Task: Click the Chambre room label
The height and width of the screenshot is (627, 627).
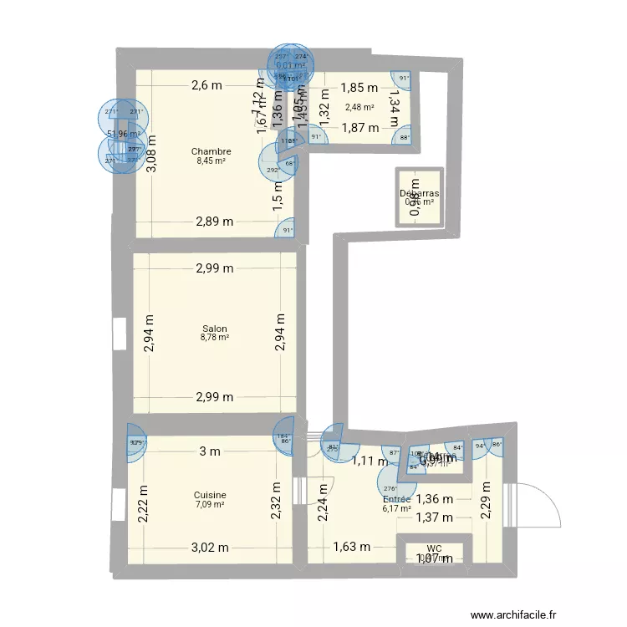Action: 211,151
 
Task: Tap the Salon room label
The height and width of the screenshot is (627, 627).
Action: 215,329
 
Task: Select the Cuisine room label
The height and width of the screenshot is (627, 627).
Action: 210,495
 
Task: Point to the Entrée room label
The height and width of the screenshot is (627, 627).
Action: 396,498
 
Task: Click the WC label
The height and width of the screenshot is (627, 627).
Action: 434,548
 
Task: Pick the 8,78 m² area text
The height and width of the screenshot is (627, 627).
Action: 215,338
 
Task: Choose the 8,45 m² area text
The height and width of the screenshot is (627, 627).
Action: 211,161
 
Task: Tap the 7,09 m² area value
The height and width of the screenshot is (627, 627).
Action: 210,504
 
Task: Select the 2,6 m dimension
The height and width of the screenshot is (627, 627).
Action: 206,84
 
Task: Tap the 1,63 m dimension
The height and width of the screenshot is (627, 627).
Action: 352,548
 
